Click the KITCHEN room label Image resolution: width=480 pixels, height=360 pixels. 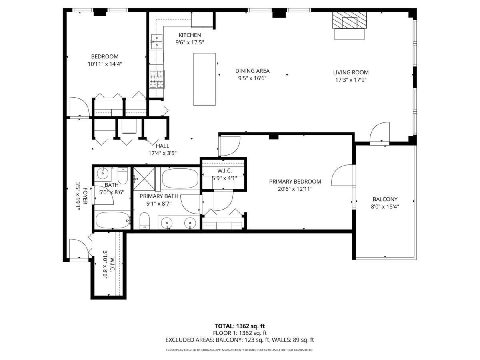point(190,35)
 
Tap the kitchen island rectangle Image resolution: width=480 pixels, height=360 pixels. point(204,79)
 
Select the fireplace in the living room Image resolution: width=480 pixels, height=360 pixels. point(349,20)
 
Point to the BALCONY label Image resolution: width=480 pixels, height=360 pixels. point(385,199)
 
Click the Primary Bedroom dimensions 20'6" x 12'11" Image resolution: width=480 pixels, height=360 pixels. point(295,189)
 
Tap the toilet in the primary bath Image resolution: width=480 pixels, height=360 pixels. point(144,220)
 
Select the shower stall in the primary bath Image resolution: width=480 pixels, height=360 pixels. point(144,179)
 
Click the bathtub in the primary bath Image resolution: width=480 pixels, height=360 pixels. point(180,178)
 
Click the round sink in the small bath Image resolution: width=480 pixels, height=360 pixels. point(102,174)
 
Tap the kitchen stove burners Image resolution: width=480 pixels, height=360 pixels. point(157,79)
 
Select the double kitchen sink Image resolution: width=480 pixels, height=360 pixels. point(157,42)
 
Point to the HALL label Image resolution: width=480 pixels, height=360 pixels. point(162,146)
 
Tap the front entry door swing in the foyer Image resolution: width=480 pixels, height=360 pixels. point(79,249)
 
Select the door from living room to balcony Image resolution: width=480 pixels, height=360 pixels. point(380,132)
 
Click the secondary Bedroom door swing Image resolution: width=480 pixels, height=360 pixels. point(79,107)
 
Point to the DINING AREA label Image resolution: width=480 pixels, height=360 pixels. point(252,71)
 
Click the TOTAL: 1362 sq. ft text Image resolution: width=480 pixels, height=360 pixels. point(240,326)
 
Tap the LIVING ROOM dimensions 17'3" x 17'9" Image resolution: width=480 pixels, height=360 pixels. point(351,80)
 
